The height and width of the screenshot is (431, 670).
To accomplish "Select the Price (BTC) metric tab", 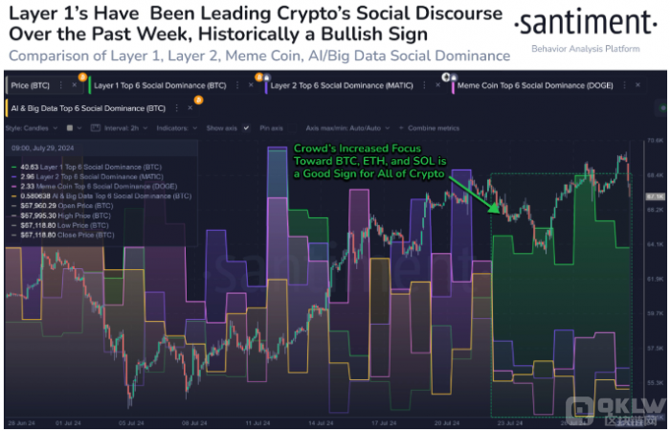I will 36,84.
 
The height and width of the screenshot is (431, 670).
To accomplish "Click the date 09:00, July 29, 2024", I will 42,149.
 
